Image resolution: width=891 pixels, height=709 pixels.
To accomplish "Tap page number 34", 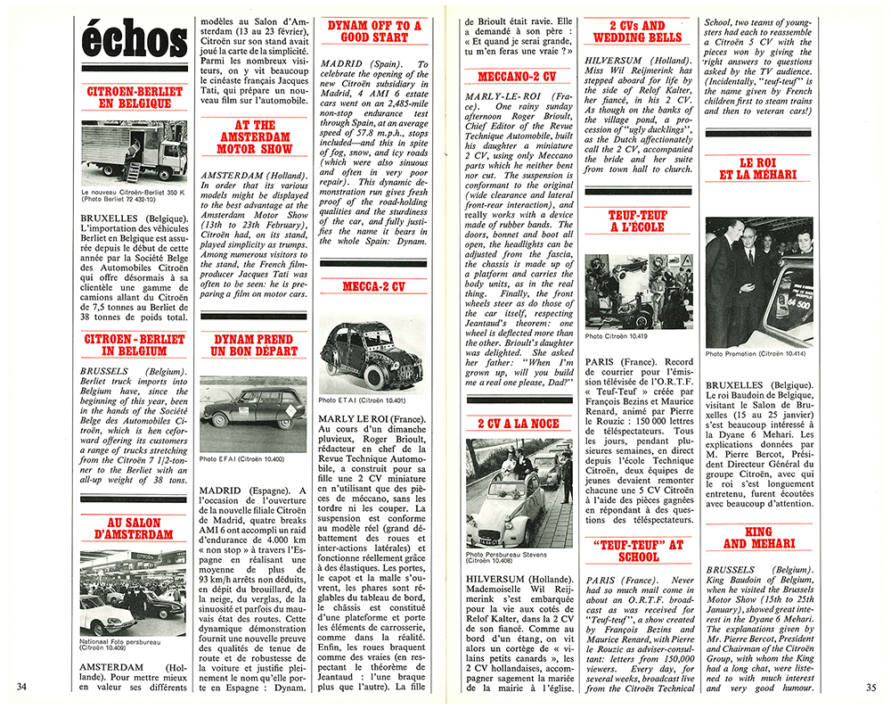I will coord(25,686).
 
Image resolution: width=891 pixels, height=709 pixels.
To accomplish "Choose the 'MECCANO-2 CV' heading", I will coord(517,77).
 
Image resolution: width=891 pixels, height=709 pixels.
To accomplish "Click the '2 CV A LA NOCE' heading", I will coord(517,424).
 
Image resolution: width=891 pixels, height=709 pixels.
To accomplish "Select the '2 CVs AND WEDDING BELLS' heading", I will coord(637,32).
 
